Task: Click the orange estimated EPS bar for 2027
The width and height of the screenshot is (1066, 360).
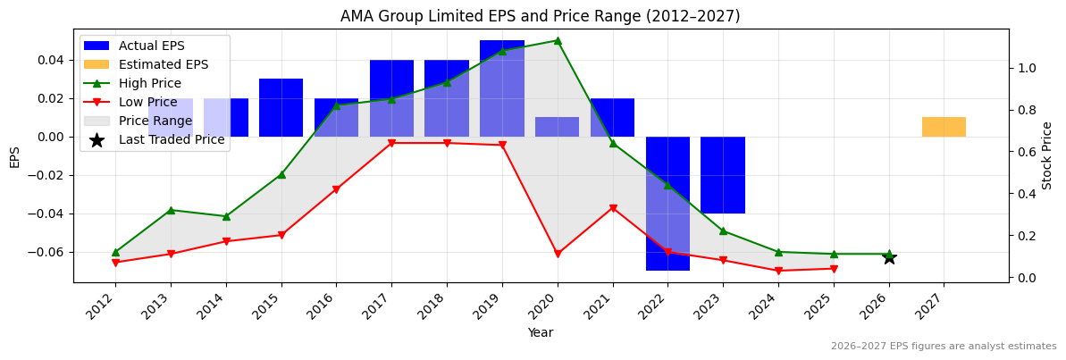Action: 944,127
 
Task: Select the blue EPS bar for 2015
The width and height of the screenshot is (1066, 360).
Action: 281,107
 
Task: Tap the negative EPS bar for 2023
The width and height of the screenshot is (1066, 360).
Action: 722,175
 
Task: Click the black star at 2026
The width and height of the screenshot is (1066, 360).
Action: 889,257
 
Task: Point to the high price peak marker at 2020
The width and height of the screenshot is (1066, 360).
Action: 558,40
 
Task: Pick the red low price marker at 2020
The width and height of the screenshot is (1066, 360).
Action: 558,255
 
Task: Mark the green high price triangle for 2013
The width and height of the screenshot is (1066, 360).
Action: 171,210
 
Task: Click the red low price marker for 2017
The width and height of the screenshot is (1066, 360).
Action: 391,143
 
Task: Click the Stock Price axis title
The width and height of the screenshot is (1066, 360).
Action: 1047,155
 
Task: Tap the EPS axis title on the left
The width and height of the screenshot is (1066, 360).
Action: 14,156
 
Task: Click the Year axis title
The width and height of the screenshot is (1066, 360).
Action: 540,333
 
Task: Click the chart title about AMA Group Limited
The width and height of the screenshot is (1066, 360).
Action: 540,16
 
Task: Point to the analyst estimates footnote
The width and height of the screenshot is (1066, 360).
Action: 943,347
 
